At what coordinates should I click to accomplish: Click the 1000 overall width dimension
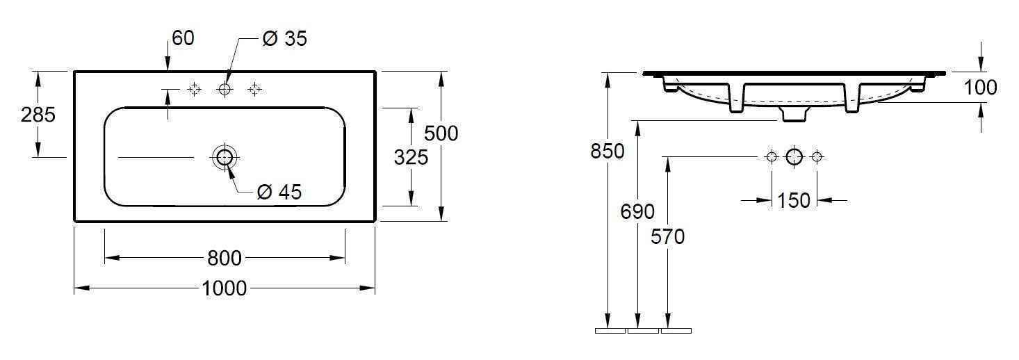click(225, 288)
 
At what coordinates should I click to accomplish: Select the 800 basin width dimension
click(225, 259)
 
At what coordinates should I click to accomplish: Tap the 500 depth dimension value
click(441, 133)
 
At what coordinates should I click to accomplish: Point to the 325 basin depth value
click(411, 157)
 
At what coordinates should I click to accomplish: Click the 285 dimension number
click(38, 115)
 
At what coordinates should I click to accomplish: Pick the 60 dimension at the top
click(183, 38)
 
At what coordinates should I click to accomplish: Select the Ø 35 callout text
click(284, 39)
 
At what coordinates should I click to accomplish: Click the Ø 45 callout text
click(279, 192)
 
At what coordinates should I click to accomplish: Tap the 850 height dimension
click(608, 151)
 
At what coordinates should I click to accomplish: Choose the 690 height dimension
click(637, 211)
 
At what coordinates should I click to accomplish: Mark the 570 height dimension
click(668, 237)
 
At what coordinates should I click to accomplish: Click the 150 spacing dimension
click(794, 201)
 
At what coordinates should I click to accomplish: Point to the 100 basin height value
click(981, 88)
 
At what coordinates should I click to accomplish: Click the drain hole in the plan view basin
click(224, 157)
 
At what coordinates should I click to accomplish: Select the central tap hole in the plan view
click(224, 89)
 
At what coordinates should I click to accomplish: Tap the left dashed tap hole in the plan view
click(194, 89)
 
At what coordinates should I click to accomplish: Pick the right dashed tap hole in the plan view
click(254, 89)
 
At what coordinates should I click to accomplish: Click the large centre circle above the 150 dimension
click(794, 156)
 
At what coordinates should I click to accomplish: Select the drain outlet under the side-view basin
click(794, 113)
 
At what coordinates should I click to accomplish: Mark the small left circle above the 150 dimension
click(771, 156)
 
